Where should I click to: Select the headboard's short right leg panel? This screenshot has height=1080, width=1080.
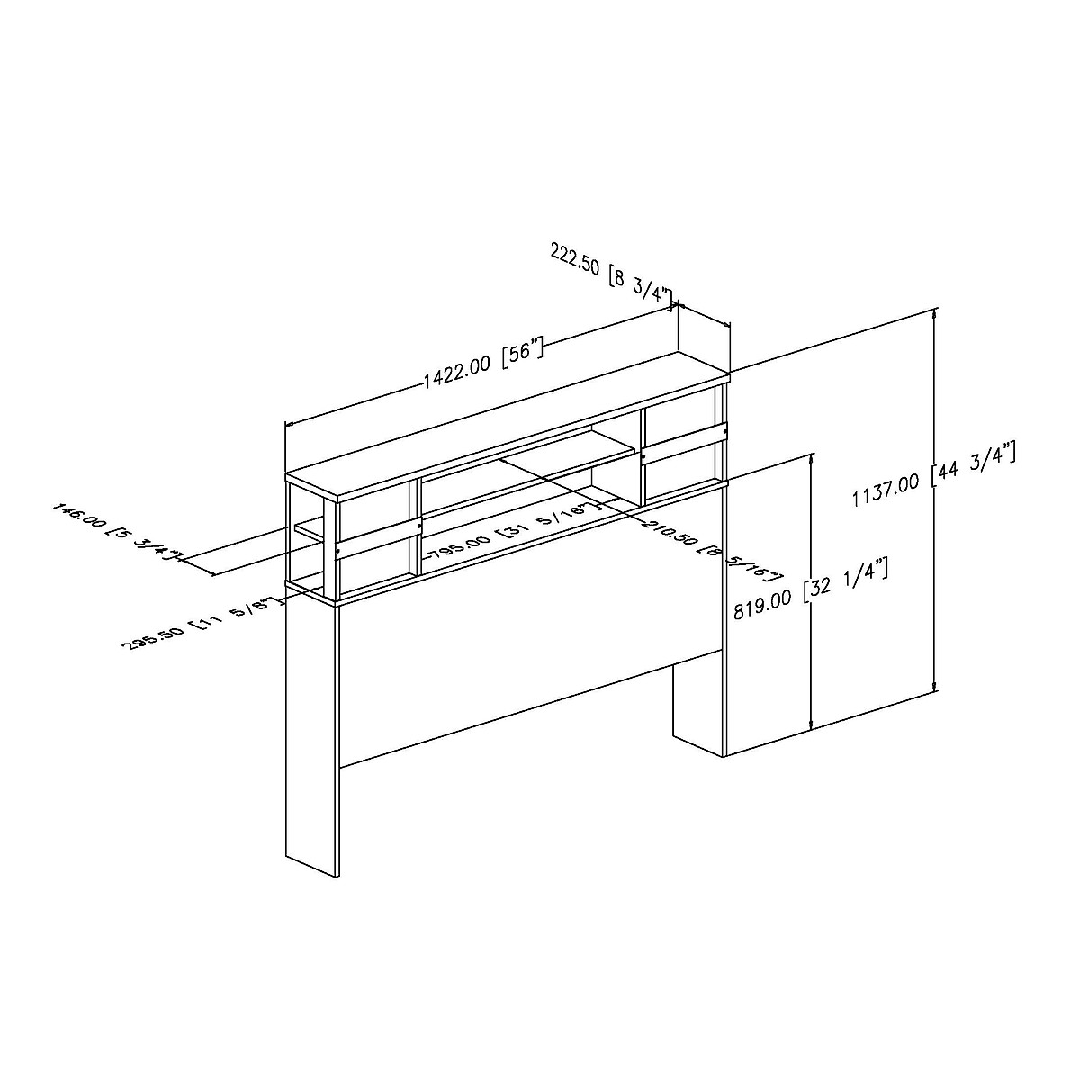coord(698,702)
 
